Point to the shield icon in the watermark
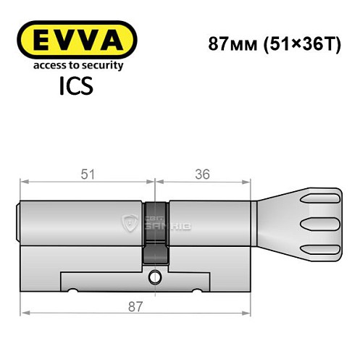pyautogui.click(x=131, y=223)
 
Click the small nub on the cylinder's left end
pyautogui.click(x=19, y=222)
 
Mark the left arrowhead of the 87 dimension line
pyautogui.click(x=25, y=313)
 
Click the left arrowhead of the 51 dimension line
pyautogui.click(x=25, y=182)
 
